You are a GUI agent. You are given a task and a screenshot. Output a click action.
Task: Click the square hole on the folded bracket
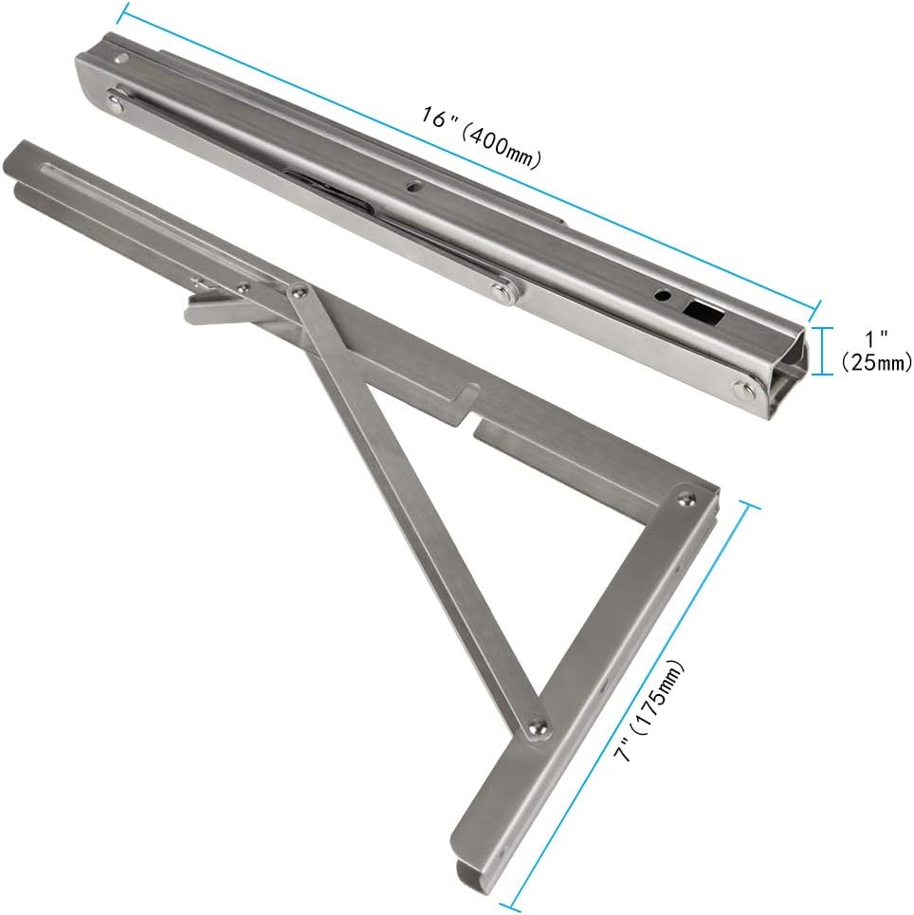[701, 310]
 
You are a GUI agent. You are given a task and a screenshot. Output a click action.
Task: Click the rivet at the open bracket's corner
[685, 496]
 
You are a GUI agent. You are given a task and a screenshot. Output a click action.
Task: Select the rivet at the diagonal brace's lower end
[538, 728]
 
